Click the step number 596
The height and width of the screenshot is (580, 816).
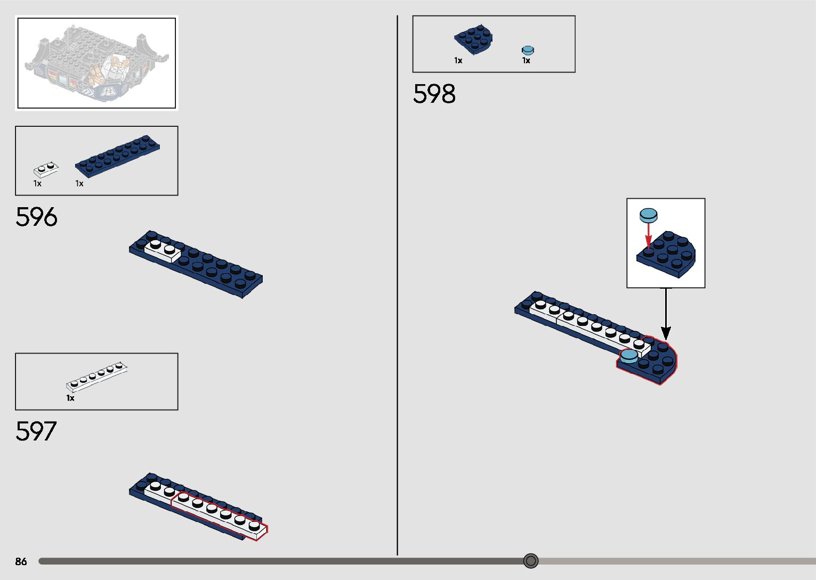[x=36, y=217]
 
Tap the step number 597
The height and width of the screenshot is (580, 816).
[x=36, y=431]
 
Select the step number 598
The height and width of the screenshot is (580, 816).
[x=434, y=94]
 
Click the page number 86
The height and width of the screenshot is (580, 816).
[x=21, y=561]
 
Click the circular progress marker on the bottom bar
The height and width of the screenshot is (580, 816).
[x=530, y=561]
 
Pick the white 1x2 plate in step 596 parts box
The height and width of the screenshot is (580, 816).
[x=46, y=169]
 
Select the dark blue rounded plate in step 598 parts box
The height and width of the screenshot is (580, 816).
[x=473, y=40]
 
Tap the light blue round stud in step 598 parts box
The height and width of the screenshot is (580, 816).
[x=528, y=51]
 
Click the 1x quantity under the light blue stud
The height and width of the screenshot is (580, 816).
[x=526, y=61]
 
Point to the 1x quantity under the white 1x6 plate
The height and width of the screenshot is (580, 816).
[x=70, y=398]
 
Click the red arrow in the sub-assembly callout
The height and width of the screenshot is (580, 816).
[x=648, y=235]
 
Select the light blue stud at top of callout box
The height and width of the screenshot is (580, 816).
[x=648, y=215]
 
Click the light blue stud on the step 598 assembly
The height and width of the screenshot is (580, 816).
[x=629, y=355]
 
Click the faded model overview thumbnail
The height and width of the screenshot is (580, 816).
[x=96, y=63]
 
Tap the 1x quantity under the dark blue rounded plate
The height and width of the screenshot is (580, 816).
[x=458, y=61]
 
